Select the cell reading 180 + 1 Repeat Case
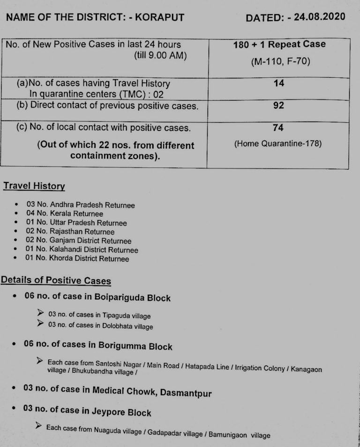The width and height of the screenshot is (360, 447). [x=279, y=45]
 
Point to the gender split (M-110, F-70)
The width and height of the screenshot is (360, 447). [x=280, y=61]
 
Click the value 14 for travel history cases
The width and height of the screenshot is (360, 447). [x=278, y=83]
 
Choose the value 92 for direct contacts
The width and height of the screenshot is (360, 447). [x=278, y=106]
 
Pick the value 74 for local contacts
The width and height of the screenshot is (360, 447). [x=278, y=128]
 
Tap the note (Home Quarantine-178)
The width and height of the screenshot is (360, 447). [x=278, y=144]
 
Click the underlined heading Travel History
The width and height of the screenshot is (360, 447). [x=34, y=186]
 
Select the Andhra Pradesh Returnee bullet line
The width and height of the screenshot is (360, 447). [x=81, y=205]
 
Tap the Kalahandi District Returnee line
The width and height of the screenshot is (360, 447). [x=82, y=250]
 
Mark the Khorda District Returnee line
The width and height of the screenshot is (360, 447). [x=77, y=258]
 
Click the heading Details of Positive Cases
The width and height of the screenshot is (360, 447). [x=56, y=280]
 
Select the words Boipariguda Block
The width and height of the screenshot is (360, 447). [x=132, y=297]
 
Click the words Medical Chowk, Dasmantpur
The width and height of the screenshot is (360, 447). [x=152, y=391]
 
